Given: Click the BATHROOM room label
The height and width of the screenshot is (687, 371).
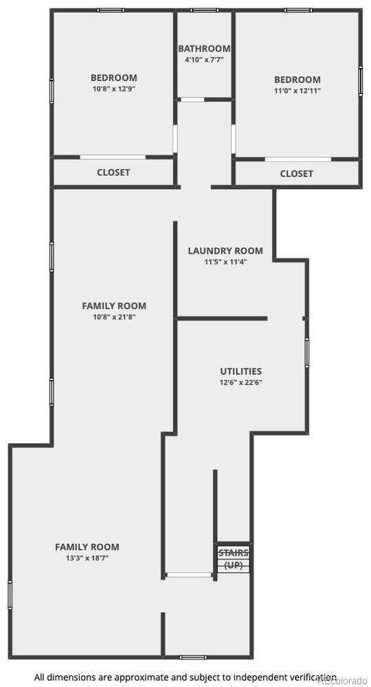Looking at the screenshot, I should click(x=204, y=49).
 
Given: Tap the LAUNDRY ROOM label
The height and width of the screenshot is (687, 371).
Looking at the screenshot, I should click(x=225, y=251).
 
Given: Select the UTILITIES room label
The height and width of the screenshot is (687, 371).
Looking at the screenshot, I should click(x=240, y=371).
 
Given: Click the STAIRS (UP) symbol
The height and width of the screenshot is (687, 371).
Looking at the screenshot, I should click(x=234, y=559).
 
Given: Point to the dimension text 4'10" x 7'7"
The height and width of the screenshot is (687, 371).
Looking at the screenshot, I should click(x=204, y=60).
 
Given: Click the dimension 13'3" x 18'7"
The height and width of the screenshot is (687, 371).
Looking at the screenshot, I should click(x=87, y=559).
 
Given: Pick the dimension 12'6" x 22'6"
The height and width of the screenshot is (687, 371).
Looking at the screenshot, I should click(x=240, y=383).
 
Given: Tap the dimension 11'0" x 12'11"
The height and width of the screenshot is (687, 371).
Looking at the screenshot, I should click(x=297, y=90).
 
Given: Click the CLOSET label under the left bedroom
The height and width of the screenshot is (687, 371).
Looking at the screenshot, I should click(x=113, y=172).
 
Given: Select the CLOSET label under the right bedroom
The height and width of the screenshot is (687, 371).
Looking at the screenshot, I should click(x=297, y=174).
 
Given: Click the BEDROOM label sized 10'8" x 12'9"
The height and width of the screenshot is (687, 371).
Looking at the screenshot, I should click(x=114, y=78).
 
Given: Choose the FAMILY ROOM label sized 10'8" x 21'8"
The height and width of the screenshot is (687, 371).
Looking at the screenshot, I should click(x=114, y=306).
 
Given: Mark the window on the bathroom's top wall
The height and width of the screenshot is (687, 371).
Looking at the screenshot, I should click(x=204, y=10).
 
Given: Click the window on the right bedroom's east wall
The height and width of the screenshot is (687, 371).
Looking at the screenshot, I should click(x=360, y=80).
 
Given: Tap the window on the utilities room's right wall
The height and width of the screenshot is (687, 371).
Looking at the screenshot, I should click(x=307, y=352).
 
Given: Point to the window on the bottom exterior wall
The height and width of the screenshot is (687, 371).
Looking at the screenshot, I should click(x=190, y=657).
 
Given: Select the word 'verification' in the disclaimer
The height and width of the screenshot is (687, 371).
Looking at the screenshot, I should click(x=313, y=677).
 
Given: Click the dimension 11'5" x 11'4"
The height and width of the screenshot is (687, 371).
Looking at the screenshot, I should click(x=225, y=262).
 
